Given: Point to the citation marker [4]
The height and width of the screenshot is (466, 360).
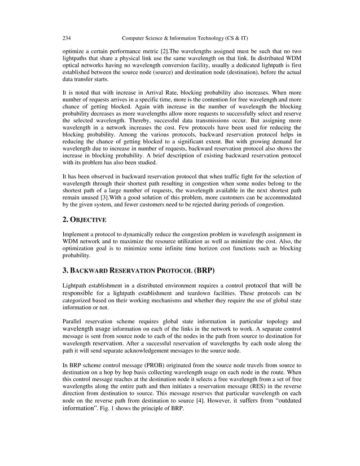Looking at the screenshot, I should coord(194,401).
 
